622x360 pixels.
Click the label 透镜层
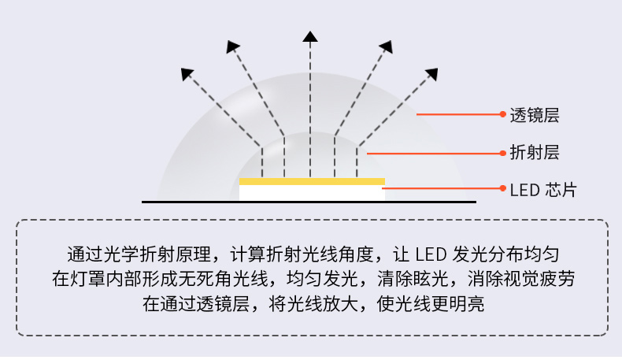coord(535,115)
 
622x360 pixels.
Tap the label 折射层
coord(535,152)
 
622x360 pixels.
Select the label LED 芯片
coord(542,189)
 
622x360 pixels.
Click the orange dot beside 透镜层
coord(503,115)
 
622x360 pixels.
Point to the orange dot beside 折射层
coord(503,153)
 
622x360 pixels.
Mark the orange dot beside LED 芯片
coord(503,189)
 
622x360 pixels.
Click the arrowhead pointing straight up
coord(310,35)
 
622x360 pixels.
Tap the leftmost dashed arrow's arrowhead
coord(187,74)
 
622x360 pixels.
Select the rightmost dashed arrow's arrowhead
coord(432,74)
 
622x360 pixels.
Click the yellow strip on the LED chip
coord(312,181)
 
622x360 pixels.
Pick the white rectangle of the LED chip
coord(312,192)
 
